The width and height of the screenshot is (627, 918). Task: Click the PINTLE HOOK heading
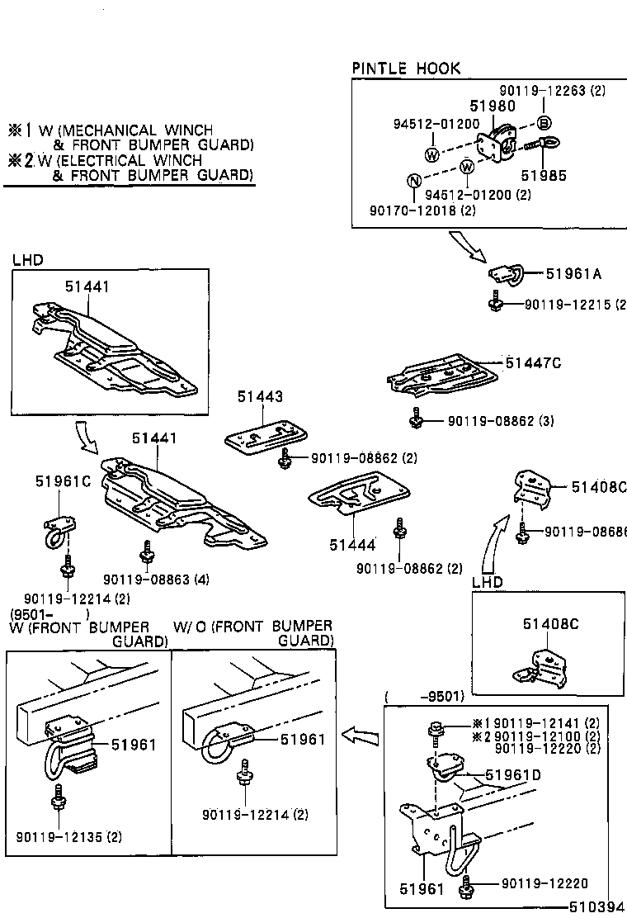406,69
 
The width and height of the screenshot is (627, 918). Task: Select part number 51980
493,106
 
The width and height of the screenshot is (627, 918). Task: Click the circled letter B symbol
544,124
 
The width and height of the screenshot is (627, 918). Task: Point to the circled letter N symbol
415,182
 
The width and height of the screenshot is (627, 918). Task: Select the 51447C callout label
533,362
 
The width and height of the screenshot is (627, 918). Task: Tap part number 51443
260,397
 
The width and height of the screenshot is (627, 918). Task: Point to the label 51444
352,544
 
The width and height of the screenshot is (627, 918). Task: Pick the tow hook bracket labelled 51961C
56,531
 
